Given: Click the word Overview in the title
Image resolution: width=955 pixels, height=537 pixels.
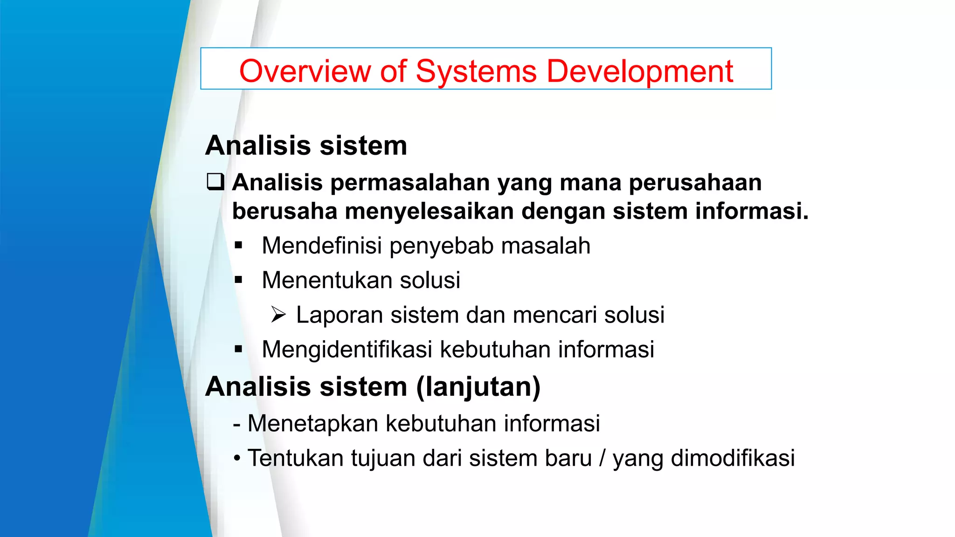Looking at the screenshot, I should tap(305, 71).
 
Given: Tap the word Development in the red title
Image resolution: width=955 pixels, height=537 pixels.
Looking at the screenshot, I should tap(639, 71).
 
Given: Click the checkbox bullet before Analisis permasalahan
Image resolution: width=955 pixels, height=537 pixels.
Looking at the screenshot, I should tap(215, 181).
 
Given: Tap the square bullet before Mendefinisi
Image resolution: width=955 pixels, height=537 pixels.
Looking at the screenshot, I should tap(239, 246).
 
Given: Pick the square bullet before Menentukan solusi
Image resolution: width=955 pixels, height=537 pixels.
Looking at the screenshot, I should tap(239, 280).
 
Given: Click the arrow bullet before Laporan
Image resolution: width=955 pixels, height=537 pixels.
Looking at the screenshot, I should tap(278, 315).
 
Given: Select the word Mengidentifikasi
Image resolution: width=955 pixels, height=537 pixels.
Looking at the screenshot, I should tap(347, 349).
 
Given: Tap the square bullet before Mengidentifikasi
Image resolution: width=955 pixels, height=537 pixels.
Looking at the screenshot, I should tap(239, 349).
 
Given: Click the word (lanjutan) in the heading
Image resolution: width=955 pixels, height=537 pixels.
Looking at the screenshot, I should tap(478, 387).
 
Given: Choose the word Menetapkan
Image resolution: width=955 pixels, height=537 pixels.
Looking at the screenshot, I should tap(313, 424).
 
